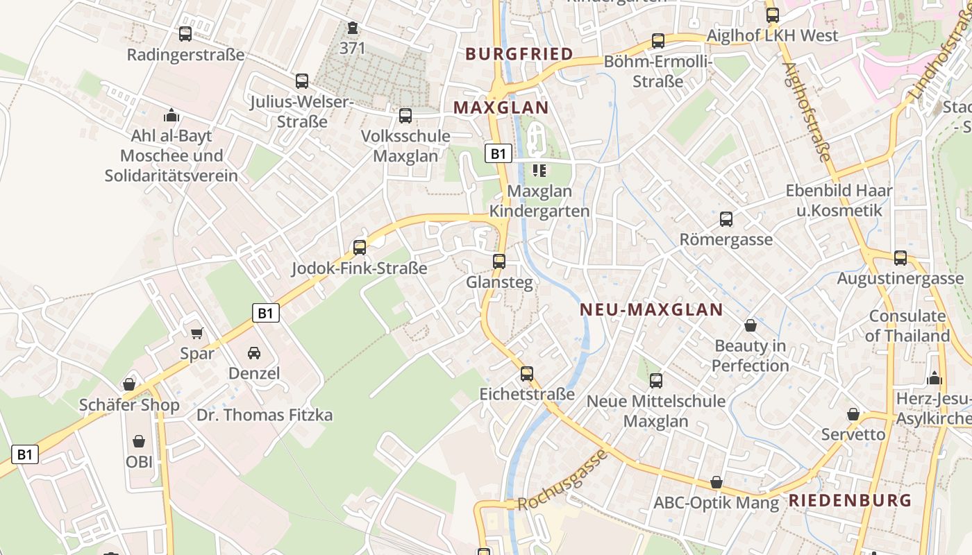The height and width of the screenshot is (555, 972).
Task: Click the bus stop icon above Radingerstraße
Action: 185,33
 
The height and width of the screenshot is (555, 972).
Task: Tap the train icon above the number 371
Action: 352,28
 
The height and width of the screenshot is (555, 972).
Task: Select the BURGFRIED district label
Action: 519,54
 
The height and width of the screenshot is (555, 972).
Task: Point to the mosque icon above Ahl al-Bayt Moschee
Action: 171,115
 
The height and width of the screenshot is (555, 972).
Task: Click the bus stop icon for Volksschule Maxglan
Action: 405,115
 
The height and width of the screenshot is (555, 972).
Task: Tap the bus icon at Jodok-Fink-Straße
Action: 360,247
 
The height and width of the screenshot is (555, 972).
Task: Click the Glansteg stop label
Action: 499,282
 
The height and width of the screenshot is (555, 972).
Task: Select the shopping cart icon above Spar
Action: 197,334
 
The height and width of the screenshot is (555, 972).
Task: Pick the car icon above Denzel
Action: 254,353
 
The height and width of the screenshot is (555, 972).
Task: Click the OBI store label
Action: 139,461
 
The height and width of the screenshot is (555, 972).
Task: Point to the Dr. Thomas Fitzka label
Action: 265,416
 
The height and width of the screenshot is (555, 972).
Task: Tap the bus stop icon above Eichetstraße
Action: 527,374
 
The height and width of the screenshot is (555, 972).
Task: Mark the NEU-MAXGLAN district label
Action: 651,310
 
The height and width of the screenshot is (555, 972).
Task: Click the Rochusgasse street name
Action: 563,479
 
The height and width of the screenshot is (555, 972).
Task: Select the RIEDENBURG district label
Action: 850,500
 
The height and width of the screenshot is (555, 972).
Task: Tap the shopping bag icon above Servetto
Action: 853,414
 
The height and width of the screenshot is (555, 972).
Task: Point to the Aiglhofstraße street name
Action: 806,111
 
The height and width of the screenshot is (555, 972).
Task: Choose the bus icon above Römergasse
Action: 726,219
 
